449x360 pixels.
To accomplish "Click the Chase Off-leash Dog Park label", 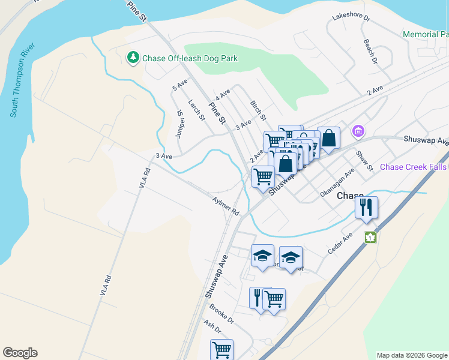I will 190,58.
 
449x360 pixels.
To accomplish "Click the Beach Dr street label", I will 370,52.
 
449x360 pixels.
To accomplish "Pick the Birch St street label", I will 258,110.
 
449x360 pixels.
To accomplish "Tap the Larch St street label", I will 196,110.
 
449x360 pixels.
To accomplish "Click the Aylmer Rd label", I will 226,205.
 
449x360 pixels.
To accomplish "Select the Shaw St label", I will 364,160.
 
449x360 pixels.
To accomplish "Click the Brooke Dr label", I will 221,314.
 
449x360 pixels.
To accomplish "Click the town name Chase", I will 350,196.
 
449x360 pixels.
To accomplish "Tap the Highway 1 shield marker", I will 371,238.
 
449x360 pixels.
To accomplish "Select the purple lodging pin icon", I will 358,130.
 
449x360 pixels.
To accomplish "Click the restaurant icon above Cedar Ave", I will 366,208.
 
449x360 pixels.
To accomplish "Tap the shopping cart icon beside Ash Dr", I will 221,349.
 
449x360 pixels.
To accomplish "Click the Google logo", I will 20,353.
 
